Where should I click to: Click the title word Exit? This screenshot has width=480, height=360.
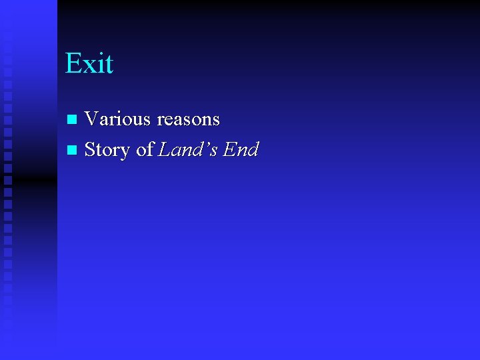pos(89,63)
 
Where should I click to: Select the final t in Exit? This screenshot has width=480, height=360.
pos(108,65)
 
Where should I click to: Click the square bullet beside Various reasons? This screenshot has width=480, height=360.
pos(73,119)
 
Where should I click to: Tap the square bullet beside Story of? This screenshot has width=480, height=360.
pos(73,150)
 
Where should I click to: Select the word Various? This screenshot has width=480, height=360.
pos(118,119)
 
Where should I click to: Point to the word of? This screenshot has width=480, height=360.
pos(144,150)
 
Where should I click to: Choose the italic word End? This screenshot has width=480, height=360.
pos(241,150)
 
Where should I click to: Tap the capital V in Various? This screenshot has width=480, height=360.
pos(92,119)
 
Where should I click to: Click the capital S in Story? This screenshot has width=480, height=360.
pos(90,150)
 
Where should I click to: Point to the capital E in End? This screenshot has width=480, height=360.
pos(229,150)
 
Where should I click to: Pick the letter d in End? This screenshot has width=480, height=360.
pos(253,150)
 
